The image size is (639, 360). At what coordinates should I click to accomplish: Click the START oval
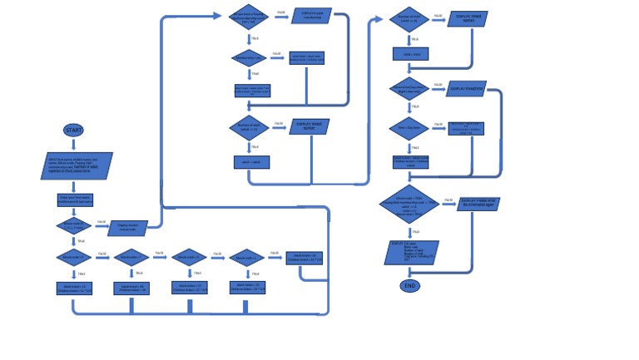[x=73, y=131]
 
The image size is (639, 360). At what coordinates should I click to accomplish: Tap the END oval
[x=409, y=286]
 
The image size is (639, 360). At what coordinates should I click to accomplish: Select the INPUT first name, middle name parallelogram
[x=77, y=165]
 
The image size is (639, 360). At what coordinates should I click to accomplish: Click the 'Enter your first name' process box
[x=75, y=200]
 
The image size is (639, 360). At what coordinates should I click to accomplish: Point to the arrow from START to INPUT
[x=73, y=145]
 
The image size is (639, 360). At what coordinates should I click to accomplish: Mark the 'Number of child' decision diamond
[x=409, y=18]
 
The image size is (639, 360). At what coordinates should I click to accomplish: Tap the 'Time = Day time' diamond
[x=409, y=128]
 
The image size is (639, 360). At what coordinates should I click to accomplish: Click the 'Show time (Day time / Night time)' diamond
[x=409, y=89]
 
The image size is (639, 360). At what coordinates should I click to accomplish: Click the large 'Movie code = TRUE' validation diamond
[x=409, y=205]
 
